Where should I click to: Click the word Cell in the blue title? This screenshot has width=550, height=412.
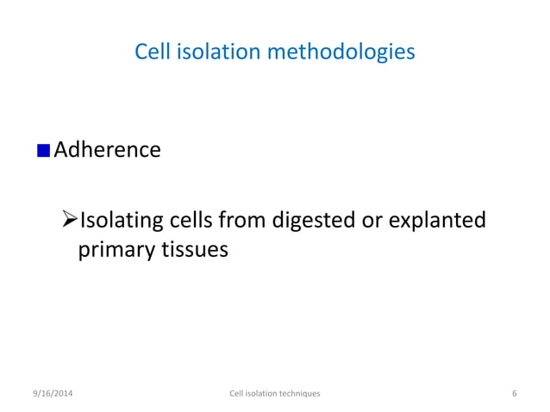pos(154,53)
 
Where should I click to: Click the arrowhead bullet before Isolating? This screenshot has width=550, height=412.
pos(71,222)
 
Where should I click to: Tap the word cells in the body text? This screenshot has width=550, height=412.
pos(199,222)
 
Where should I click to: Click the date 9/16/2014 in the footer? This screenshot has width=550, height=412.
pos(53,393)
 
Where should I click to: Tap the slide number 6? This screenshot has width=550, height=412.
pos(514,393)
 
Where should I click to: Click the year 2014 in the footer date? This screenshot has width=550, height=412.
pos(63,393)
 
